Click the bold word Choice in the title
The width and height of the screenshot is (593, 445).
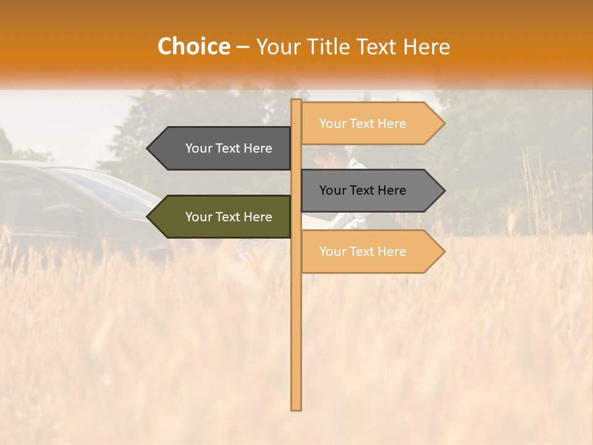pos(193,46)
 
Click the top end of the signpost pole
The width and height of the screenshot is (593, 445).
pos(296,101)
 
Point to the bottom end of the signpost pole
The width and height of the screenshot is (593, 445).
pos(296,408)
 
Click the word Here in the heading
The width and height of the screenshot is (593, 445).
pos(427,46)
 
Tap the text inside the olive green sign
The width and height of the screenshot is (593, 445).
pos(229,217)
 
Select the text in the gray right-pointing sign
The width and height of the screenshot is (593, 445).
pos(363,190)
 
